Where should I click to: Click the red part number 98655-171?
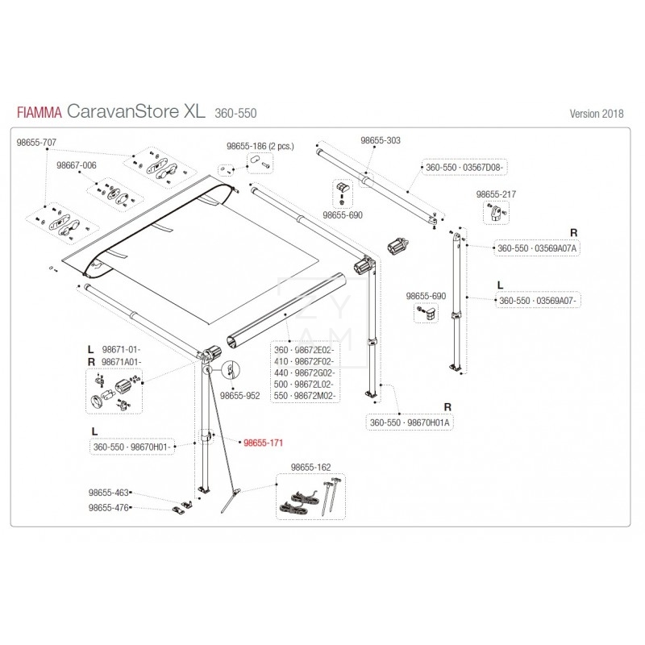point(264,443)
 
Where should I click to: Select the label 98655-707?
point(37,142)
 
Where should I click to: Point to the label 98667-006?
point(77,165)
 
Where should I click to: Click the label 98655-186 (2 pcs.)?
point(260,146)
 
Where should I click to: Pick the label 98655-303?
point(380,140)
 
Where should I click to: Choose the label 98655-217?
point(496,195)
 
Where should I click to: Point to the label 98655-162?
point(310,468)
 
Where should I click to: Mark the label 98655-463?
point(109,492)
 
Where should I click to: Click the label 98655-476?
point(109,508)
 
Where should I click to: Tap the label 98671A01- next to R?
point(122,362)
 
